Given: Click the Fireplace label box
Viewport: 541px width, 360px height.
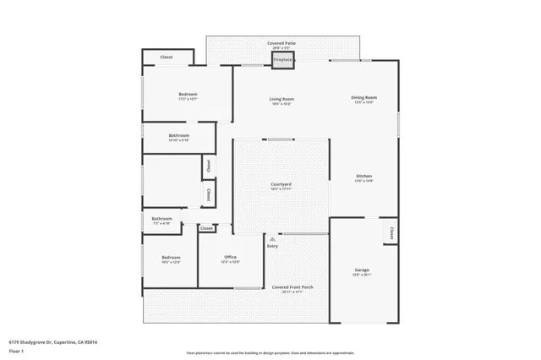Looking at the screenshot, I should tap(282, 60).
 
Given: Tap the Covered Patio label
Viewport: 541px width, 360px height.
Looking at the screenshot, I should tap(281, 42).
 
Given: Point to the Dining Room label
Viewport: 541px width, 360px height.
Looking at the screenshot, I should tap(363, 99).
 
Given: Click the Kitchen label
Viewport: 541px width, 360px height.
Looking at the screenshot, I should tap(363, 177).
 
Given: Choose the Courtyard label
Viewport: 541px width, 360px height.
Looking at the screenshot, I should tap(281, 184).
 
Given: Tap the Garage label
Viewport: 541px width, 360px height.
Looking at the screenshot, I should tap(362, 271).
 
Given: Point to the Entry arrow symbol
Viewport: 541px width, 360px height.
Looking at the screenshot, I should tap(272, 239).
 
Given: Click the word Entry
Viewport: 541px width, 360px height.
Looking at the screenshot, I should tap(272, 246).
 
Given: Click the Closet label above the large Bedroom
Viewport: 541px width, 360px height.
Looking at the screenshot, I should tap(167, 57).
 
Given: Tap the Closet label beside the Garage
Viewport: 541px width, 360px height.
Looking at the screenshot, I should tap(391, 231).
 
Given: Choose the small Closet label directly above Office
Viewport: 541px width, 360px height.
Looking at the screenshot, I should tap(206, 228).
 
